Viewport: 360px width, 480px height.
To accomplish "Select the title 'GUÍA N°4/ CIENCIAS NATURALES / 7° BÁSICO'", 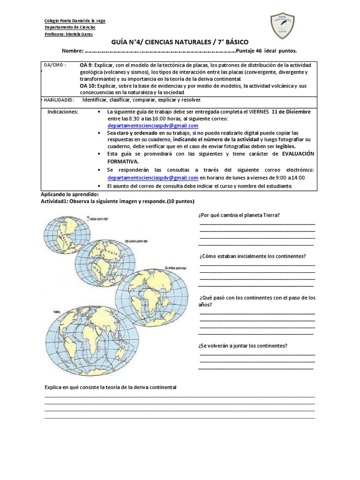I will [x=180, y=42].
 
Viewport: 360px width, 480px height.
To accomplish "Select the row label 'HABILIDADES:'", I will [x=58, y=100].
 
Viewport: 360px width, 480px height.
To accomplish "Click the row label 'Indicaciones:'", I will [x=63, y=112].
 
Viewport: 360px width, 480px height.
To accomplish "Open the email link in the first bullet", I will [x=153, y=126].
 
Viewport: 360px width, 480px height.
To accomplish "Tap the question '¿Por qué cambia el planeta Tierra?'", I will [x=239, y=215].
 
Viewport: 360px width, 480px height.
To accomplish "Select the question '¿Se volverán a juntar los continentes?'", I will [x=243, y=346].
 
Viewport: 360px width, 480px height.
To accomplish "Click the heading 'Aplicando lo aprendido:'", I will [x=70, y=194].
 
